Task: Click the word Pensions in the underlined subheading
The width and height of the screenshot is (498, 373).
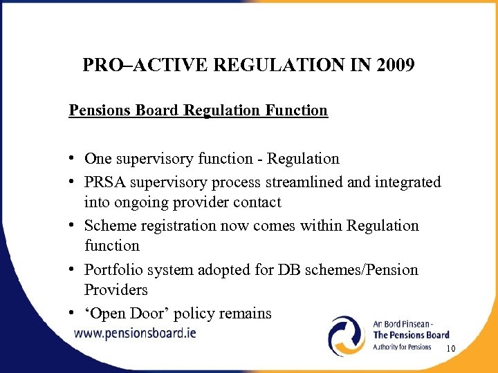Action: click(x=97, y=111)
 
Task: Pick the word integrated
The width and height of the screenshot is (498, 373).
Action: click(x=407, y=182)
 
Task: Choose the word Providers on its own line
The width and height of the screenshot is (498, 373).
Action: click(x=116, y=290)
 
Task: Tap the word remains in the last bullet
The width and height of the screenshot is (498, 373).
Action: click(x=247, y=314)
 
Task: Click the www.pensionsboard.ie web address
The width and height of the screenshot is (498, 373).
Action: click(x=135, y=333)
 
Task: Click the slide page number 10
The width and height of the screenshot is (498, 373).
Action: click(x=450, y=350)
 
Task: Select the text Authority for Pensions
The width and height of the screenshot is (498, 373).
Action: click(x=402, y=347)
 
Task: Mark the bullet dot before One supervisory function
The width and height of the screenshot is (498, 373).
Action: click(x=72, y=159)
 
